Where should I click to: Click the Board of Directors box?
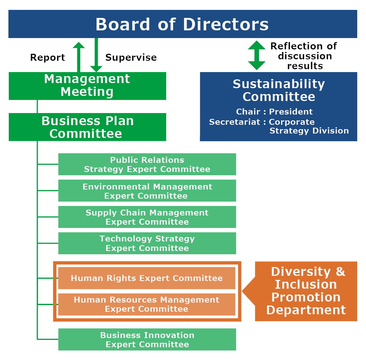182,24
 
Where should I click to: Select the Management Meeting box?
87,86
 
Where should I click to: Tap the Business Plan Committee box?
87,127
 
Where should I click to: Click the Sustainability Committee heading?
279,90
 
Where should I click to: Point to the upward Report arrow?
79,57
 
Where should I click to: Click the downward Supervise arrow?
96,55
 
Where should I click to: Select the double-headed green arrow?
257,55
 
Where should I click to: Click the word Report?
48,58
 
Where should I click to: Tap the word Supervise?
131,58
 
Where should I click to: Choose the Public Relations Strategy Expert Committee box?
147,164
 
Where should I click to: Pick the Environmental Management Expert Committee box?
147,191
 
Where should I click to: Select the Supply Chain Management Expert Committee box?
147,217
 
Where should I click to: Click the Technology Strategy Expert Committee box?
147,243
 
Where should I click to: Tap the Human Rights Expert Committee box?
146,278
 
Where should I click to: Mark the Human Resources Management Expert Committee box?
146,304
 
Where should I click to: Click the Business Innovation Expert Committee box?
147,340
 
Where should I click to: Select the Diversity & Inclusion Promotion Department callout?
306,291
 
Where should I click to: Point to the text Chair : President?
274,112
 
